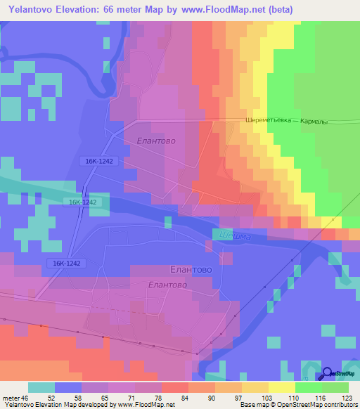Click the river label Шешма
(235, 236)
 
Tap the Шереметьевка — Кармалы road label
(286, 120)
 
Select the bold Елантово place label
(192, 269)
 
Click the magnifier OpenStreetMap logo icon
(328, 373)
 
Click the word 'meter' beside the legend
(12, 397)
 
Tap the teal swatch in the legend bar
(41, 387)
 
